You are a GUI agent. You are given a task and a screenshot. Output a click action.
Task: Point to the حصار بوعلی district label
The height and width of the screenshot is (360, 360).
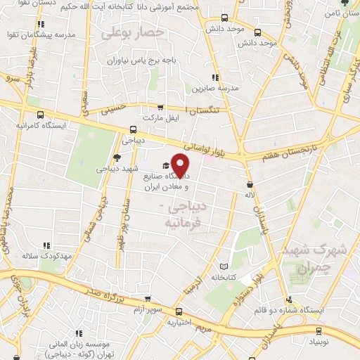pyautogui.click(x=133, y=33)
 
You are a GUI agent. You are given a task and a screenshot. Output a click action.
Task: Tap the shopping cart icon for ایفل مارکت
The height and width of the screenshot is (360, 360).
pyautogui.click(x=161, y=108)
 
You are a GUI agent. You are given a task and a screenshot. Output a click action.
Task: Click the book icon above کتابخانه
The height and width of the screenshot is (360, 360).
pyautogui.click(x=224, y=267)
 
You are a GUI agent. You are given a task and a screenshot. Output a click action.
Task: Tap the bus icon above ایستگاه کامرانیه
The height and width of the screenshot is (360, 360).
pyautogui.click(x=41, y=115)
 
